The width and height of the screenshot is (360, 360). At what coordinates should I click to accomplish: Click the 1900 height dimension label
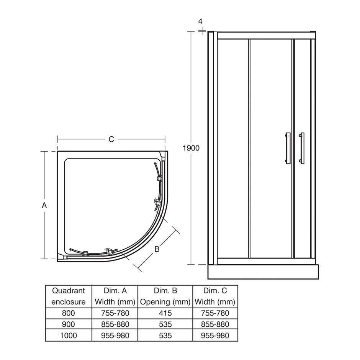[191, 148]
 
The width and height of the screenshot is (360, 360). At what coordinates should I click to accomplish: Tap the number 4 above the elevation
[200, 21]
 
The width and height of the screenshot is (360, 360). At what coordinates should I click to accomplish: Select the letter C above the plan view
[111, 139]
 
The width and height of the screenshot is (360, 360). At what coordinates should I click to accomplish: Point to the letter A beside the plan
[44, 205]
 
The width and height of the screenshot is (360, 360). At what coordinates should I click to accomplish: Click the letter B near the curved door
[157, 249]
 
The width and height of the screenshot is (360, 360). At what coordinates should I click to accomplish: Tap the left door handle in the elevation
[288, 148]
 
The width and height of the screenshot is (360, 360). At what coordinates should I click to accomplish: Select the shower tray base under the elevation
[263, 272]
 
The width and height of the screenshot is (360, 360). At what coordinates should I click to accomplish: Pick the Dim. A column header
[115, 296]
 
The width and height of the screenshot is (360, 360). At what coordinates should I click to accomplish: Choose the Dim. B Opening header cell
[165, 296]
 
